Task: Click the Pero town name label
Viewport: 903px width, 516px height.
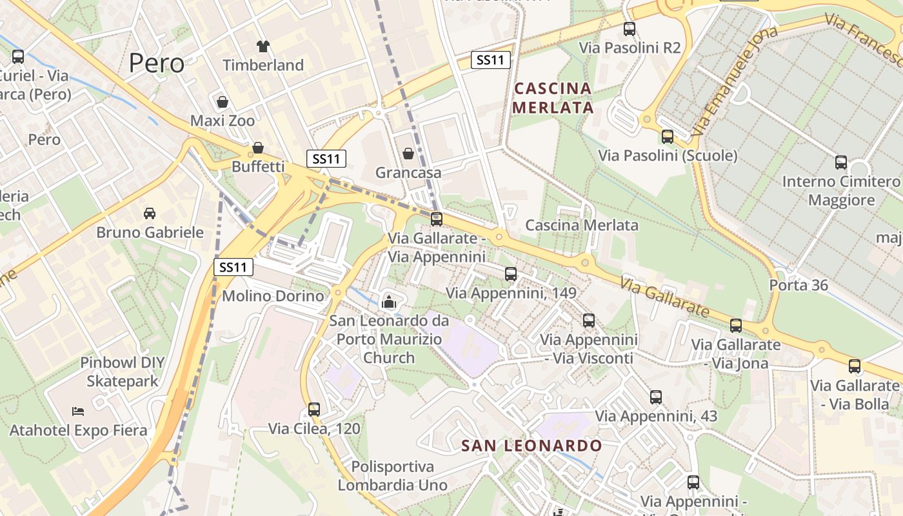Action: pos(157,63)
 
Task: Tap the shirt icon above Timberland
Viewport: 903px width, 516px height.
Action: pos(263,46)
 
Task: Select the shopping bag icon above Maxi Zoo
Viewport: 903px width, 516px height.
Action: pos(223,102)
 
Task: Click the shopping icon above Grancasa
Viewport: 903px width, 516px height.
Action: pos(408,154)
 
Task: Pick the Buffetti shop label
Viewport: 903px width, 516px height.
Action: pos(258,166)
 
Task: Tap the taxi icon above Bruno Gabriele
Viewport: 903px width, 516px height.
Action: pos(149,213)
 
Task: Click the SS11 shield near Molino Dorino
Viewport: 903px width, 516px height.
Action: pos(233,267)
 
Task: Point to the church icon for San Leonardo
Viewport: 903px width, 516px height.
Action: pos(389,301)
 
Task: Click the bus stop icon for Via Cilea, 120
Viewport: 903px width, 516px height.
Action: pos(314,409)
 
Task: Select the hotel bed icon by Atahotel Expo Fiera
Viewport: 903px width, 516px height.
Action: pos(78,411)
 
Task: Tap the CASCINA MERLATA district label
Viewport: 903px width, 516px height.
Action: pos(553,97)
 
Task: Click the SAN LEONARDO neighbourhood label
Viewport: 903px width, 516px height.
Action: pos(531,446)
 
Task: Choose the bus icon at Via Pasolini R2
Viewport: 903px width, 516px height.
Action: pos(630,29)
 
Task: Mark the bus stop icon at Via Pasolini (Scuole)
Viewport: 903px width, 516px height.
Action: pos(668,137)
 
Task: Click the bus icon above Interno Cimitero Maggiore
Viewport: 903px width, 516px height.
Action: pos(841,163)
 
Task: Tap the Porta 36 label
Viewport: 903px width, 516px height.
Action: pos(799,284)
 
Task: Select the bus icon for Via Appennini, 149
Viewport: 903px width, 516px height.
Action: pos(511,274)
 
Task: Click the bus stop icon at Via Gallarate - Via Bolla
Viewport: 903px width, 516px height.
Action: pos(855,366)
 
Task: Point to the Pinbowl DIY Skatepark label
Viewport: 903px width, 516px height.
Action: pos(123,372)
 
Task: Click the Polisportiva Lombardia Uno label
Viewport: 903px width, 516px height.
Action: pos(393,475)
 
